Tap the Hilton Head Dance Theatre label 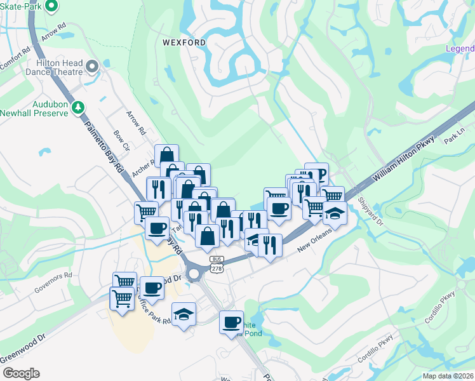56,66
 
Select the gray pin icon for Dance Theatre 93,66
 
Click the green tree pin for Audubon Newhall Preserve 78,108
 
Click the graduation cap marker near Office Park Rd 184,314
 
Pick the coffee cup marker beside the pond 232,322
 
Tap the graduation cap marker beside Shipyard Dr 335,213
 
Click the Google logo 21,373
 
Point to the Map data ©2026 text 448,376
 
